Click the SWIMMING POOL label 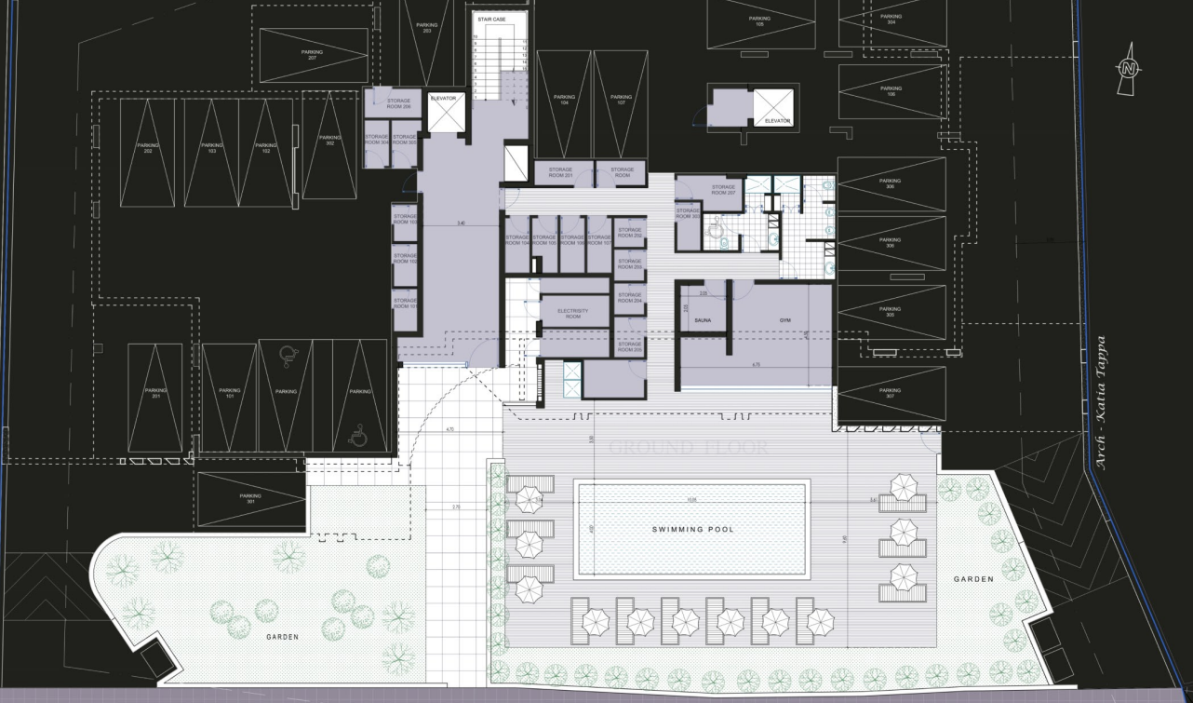coord(692,529)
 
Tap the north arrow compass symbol coord(1129,68)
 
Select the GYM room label coord(784,320)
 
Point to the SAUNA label coord(703,320)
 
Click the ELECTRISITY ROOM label coord(573,314)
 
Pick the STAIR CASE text coord(491,18)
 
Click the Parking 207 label coord(312,55)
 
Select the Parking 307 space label coord(890,393)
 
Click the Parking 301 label coord(250,498)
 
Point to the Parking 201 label coord(155,393)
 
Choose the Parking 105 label coord(759,20)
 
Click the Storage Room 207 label coord(723,189)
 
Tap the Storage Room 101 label coord(404,303)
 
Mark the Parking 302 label coord(329,140)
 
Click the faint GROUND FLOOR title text coord(689,449)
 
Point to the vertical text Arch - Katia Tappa coord(1102,402)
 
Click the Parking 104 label coord(564,100)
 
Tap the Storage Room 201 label coord(560,172)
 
